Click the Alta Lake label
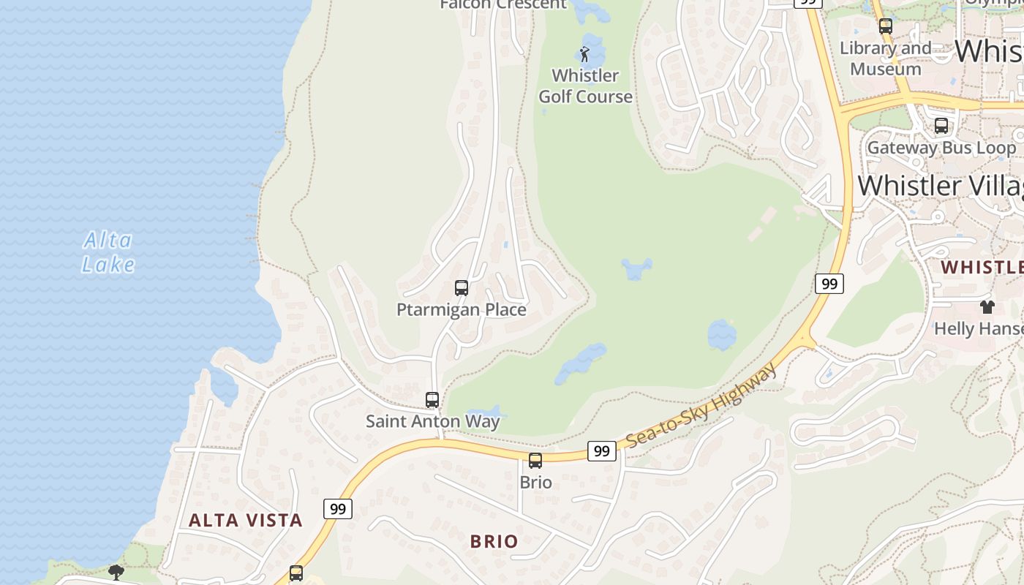[x=108, y=252]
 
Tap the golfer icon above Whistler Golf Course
[x=584, y=54]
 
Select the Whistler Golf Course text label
[x=585, y=86]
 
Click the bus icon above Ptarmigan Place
[x=462, y=288]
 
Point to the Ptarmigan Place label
[x=461, y=309]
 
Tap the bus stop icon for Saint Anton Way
[x=432, y=400]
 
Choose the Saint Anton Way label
[x=432, y=421]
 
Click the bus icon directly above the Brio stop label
[x=535, y=461]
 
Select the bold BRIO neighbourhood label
[x=494, y=541]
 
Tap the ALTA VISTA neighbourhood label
[x=245, y=520]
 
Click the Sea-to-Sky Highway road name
[x=701, y=406]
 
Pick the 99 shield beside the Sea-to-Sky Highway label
[x=601, y=451]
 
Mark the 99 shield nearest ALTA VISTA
[x=337, y=508]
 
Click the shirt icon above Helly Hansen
[x=987, y=307]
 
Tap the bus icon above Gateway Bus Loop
[x=941, y=126]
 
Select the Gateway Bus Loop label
[x=941, y=148]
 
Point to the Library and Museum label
[x=885, y=58]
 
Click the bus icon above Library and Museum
[x=886, y=26]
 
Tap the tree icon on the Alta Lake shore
[x=116, y=572]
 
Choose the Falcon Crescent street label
[x=503, y=4]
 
